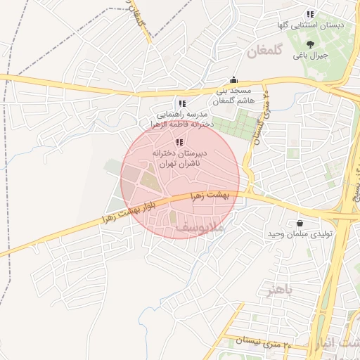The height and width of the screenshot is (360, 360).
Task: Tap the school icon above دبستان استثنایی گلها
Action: click(x=310, y=14)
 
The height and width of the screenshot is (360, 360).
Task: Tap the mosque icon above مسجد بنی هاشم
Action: click(x=233, y=80)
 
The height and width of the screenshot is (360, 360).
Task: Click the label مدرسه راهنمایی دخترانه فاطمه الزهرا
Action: click(x=184, y=118)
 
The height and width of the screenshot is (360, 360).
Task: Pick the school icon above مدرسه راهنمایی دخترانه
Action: click(x=182, y=104)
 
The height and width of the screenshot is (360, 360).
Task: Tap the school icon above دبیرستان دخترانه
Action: click(x=178, y=142)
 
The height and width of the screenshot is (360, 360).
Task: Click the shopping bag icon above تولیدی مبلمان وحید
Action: click(x=300, y=223)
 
